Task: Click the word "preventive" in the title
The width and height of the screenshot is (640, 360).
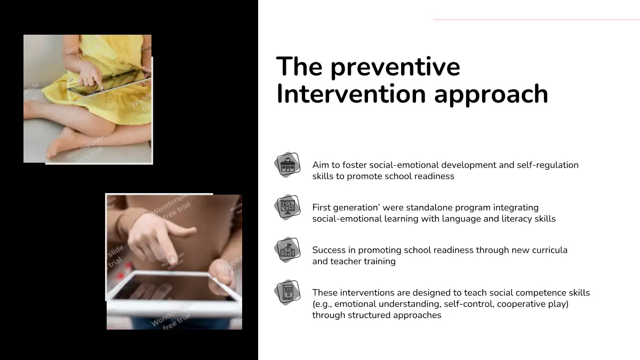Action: tap(395, 67)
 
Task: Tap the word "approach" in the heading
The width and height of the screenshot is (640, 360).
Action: tap(491, 95)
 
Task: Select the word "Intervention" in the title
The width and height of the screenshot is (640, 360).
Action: tap(351, 93)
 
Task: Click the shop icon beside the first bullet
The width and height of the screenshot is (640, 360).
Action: tap(287, 165)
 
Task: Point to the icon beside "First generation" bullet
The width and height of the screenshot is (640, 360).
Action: tap(287, 207)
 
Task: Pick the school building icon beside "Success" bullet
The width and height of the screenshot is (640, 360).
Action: tap(287, 250)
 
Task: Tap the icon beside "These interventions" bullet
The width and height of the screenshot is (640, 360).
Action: tap(287, 292)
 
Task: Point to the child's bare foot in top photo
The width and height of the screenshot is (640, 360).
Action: tap(61, 145)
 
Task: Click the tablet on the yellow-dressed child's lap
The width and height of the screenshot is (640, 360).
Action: tap(109, 83)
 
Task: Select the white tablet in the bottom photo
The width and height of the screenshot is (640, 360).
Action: tap(174, 291)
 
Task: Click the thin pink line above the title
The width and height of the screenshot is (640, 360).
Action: tap(537, 20)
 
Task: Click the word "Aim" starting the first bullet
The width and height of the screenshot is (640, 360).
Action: tap(321, 165)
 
